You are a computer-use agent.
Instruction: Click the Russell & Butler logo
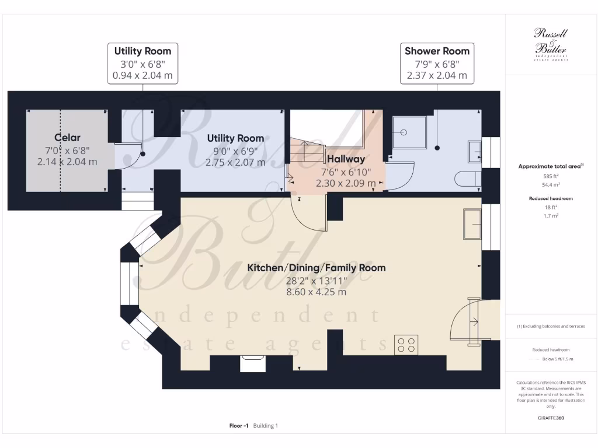(551, 44)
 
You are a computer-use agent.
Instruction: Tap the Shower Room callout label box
(437, 63)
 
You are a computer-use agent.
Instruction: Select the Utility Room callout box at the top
(142, 63)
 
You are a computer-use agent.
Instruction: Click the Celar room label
(67, 138)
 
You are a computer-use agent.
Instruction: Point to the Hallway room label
(346, 159)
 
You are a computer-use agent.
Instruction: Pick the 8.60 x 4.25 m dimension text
(316, 292)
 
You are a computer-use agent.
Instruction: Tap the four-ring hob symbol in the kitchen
(406, 344)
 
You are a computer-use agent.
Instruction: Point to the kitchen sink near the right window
(472, 224)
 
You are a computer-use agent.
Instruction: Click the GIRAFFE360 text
(551, 418)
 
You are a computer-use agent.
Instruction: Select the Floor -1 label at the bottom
(239, 426)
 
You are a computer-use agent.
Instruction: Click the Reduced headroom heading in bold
(551, 198)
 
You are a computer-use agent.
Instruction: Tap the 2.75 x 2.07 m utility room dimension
(235, 162)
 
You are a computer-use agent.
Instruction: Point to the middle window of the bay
(127, 283)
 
